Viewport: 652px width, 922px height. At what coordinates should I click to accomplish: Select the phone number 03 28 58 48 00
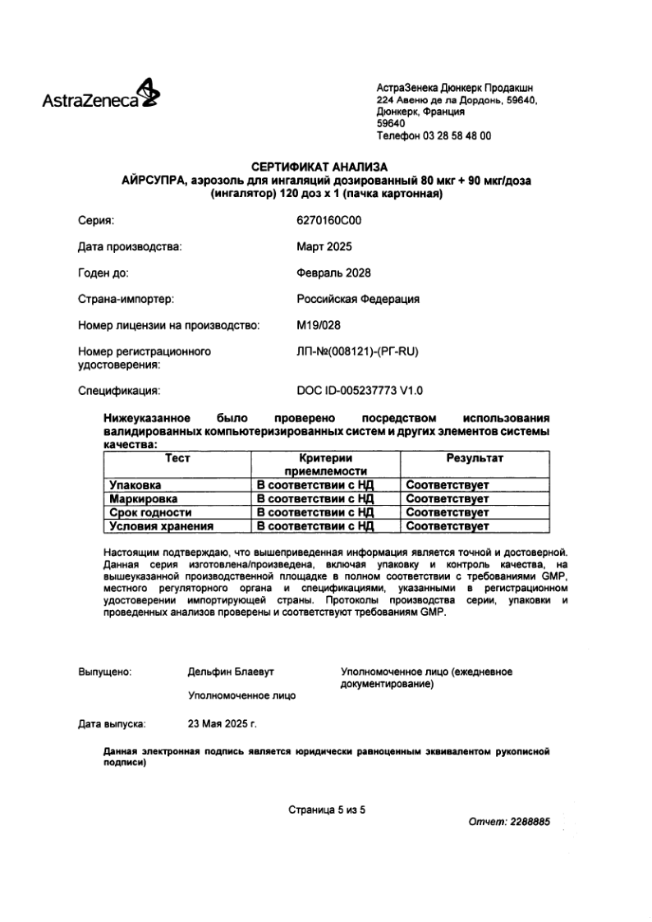click(460, 136)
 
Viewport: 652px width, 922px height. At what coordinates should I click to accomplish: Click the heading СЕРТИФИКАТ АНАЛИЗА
click(325, 168)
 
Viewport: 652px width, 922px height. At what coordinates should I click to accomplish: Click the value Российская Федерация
click(357, 299)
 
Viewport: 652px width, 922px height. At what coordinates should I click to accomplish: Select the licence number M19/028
click(318, 325)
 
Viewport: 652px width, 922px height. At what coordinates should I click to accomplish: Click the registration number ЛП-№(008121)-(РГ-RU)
click(357, 351)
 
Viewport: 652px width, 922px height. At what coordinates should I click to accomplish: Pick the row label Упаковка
click(136, 485)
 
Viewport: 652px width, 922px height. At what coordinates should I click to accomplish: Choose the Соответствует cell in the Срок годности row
click(448, 512)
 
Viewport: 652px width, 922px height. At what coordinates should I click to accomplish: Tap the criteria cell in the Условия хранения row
click(315, 526)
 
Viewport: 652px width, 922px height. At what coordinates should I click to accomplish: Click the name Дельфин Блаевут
click(231, 672)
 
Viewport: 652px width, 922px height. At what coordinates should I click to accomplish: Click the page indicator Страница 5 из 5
click(326, 809)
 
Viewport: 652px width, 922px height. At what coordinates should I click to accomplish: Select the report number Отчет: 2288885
click(508, 822)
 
